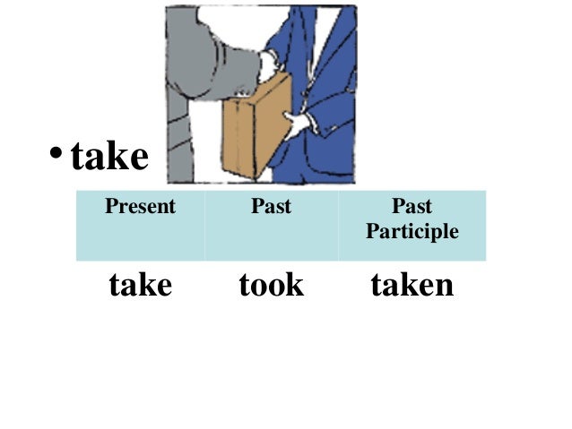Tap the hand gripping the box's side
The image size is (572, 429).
point(294,122)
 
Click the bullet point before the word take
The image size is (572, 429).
point(56,158)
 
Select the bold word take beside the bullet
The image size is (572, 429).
point(109,158)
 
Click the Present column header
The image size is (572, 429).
point(140,207)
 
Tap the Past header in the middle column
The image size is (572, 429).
point(271,207)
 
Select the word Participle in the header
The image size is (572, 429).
point(412,232)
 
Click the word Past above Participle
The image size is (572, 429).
point(412,207)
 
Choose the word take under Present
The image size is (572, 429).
point(140,286)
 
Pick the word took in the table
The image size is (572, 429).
point(271,286)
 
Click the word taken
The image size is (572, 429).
point(412,286)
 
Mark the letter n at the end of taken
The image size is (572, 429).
point(444,287)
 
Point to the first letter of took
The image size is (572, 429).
point(244,286)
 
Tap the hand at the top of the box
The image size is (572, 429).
point(266,65)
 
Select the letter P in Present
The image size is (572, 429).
point(111,207)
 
